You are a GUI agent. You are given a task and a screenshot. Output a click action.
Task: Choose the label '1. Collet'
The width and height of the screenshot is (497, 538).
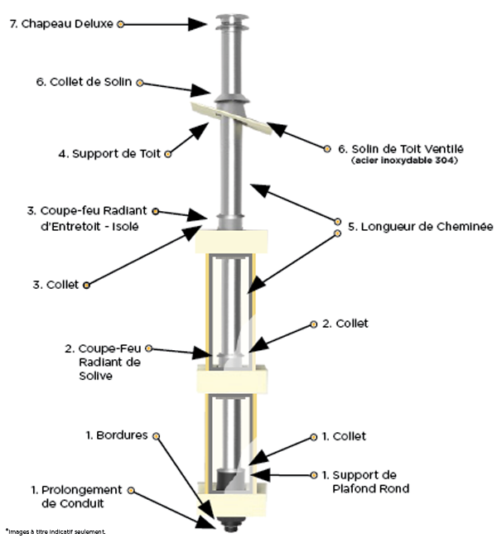click(x=349, y=436)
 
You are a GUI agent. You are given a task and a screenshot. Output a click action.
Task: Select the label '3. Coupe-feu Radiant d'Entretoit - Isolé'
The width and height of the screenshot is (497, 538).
click(x=84, y=218)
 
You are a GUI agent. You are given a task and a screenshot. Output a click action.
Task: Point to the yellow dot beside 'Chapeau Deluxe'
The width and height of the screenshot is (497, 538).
click(x=121, y=24)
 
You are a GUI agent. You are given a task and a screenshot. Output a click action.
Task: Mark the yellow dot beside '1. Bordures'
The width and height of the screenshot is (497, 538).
click(x=157, y=435)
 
